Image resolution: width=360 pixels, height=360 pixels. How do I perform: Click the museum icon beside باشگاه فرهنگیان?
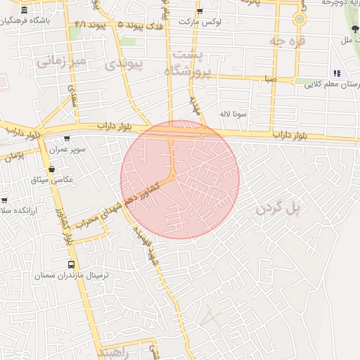click(25, 11)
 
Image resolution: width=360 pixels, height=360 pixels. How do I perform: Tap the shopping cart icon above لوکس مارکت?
click(200, 11)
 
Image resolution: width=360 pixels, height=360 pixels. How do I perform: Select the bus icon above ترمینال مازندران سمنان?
click(71, 265)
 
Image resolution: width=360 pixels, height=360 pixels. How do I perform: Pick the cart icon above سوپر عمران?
click(67, 139)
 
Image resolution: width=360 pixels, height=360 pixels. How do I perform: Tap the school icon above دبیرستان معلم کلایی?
click(336, 73)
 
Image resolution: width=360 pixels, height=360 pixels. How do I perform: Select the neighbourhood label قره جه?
click(288, 41)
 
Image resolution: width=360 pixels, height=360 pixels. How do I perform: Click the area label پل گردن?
click(282, 209)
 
